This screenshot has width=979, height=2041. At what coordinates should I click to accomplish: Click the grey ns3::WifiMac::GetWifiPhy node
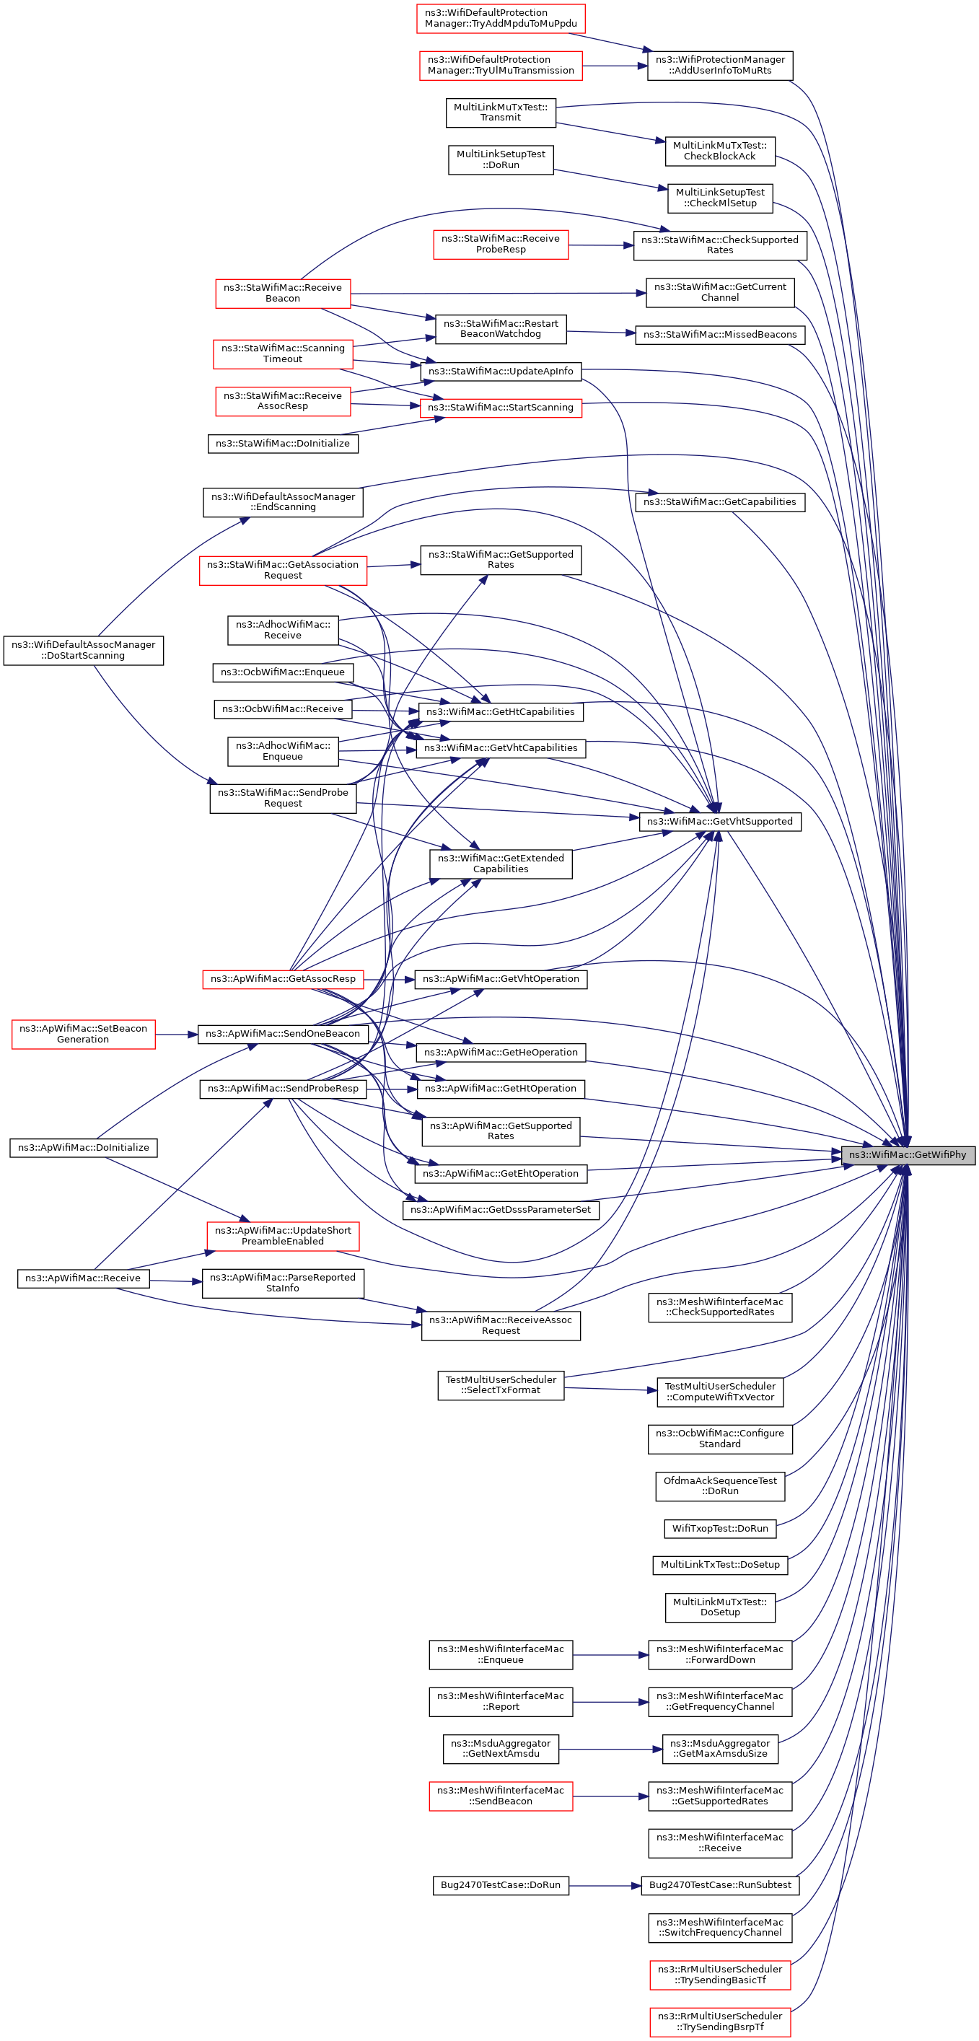tap(908, 1154)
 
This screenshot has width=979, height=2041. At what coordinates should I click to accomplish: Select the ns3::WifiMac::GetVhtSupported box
tap(720, 821)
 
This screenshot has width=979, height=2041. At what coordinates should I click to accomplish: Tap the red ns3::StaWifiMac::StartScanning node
tap(501, 407)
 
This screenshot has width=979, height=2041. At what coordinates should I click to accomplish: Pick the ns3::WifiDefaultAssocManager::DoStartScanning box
tap(84, 650)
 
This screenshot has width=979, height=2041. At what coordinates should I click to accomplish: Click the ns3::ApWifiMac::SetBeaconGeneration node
tap(83, 1034)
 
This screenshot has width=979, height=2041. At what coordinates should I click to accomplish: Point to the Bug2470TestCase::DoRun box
tap(501, 1885)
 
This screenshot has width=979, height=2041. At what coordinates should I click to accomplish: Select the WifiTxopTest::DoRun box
tap(720, 1528)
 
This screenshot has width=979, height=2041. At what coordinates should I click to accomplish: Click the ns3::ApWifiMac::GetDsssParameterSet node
tap(501, 1210)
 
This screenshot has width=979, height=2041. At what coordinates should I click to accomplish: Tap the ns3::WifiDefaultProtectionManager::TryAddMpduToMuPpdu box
tap(501, 18)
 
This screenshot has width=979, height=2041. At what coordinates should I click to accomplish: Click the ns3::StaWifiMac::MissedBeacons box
tap(720, 334)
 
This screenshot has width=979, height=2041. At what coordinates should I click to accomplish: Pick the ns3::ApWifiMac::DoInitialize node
tap(83, 1147)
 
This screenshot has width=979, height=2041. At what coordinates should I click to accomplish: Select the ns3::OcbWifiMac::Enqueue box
tap(283, 672)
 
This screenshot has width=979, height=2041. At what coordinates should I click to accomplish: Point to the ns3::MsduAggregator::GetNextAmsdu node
tap(501, 1749)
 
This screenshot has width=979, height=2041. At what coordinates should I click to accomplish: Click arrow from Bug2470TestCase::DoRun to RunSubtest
tap(605, 1886)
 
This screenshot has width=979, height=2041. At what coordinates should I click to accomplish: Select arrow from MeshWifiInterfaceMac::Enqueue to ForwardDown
tap(610, 1654)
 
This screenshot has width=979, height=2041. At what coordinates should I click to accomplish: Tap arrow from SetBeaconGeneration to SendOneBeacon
tap(176, 1034)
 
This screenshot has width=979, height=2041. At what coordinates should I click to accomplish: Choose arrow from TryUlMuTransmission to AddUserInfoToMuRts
tap(615, 66)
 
